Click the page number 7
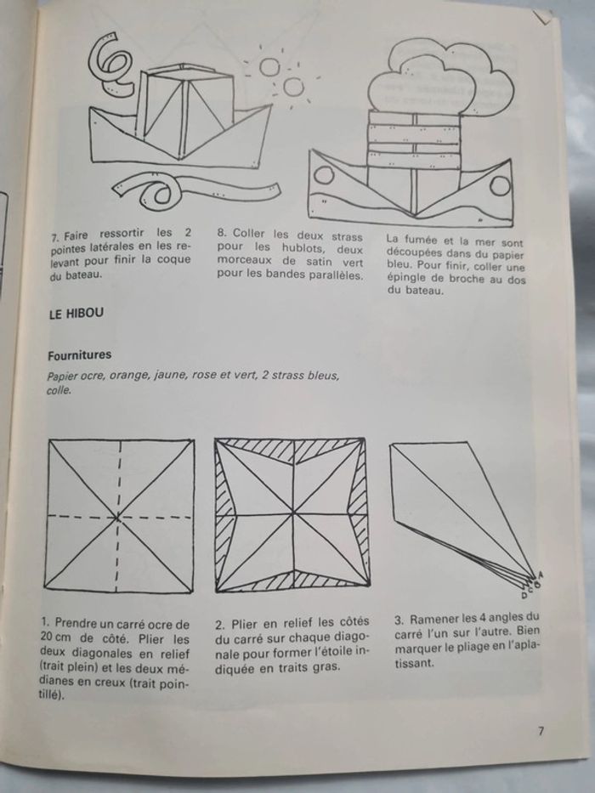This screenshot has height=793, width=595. (541, 730)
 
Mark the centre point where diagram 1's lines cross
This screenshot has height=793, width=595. (118, 516)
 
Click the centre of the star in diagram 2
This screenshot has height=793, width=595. (292, 514)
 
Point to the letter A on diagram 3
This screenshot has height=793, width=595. (541, 576)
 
